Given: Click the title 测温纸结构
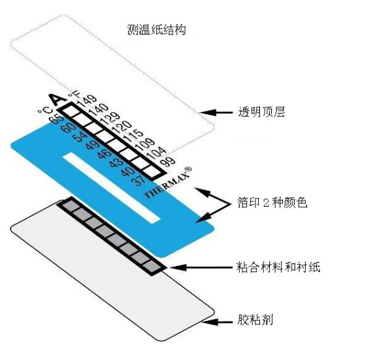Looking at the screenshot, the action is [156, 30].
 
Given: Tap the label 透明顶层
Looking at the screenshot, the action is [261, 112].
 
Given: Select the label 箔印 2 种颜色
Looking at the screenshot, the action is [272, 202].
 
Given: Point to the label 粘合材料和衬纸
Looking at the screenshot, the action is [278, 267].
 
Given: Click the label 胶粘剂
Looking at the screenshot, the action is [255, 320].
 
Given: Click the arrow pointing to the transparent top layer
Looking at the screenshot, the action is [216, 112].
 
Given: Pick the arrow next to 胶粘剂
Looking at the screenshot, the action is [217, 322].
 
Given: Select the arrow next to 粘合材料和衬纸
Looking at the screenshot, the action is [201, 267].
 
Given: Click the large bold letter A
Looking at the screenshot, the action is [57, 98].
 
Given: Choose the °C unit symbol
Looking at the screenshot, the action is [45, 110].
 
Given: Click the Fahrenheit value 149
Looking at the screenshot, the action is [87, 101].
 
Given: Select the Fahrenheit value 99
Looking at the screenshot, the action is [168, 161].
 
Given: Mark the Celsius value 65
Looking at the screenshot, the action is [57, 119].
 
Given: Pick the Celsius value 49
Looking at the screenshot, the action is [93, 144].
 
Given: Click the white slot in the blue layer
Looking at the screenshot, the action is [112, 187].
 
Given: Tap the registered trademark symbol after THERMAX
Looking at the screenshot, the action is [188, 169].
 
